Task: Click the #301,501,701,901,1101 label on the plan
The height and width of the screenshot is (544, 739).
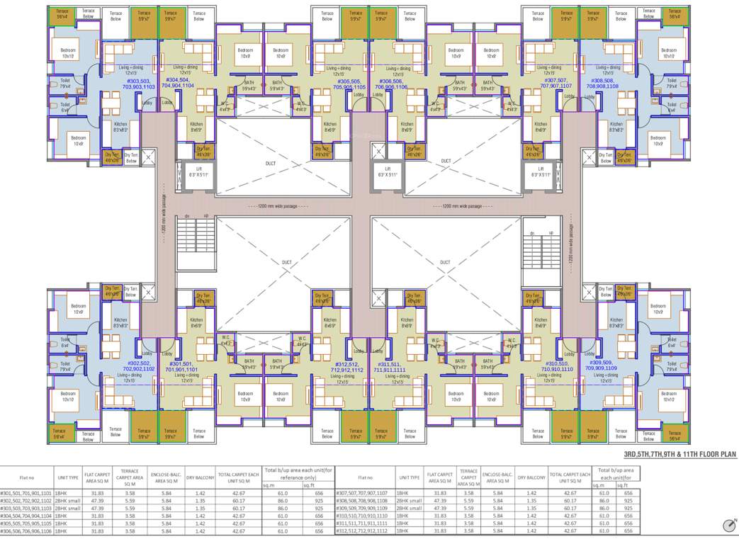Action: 181,367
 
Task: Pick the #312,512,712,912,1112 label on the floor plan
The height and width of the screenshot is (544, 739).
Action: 347,367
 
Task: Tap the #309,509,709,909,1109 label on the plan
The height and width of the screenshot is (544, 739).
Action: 602,366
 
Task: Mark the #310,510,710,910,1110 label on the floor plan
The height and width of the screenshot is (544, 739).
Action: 557,367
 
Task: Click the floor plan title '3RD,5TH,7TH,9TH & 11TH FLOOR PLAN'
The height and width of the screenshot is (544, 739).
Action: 679,455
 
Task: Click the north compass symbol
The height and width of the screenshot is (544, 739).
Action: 730,525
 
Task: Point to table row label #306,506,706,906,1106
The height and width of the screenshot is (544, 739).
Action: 26,531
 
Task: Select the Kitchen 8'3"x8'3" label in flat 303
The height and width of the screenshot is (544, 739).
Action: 121,127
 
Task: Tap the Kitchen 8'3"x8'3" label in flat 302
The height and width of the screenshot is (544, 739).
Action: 121,322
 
